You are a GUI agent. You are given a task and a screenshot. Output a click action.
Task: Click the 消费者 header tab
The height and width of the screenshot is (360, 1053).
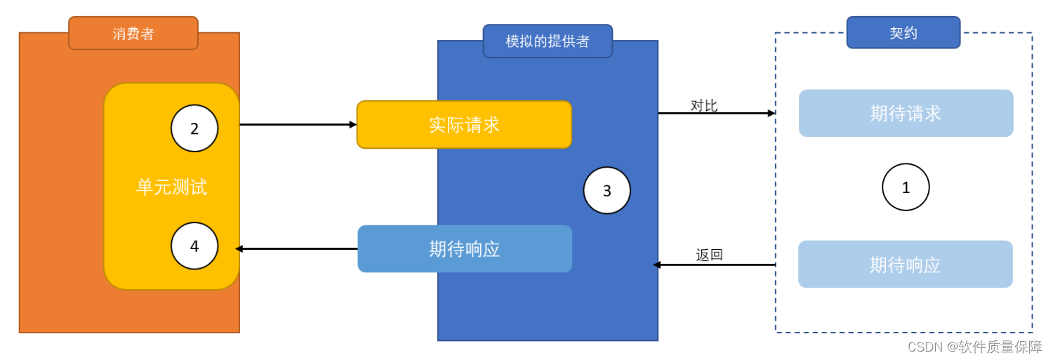click(133, 34)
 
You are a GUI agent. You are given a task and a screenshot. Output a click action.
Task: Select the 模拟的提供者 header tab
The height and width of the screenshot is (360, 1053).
click(548, 41)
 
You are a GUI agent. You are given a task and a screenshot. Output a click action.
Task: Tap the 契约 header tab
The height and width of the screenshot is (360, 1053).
click(903, 33)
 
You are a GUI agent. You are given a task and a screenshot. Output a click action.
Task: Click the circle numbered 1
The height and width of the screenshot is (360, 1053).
click(906, 187)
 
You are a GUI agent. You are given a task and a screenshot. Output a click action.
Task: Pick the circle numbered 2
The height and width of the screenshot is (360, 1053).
click(194, 128)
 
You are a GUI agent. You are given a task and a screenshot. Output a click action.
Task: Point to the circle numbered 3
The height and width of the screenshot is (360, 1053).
click(607, 190)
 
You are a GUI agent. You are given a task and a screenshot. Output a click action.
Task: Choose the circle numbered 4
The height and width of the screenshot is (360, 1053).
click(194, 246)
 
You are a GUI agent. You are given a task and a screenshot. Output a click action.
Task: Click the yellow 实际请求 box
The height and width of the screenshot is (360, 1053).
click(464, 125)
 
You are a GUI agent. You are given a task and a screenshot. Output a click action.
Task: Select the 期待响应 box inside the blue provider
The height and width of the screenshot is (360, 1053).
click(465, 248)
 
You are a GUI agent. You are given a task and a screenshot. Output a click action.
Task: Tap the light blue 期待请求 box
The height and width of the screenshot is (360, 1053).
click(906, 113)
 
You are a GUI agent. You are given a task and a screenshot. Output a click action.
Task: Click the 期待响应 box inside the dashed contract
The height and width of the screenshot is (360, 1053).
click(905, 265)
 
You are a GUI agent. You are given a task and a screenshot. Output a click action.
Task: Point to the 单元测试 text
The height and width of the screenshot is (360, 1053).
click(171, 187)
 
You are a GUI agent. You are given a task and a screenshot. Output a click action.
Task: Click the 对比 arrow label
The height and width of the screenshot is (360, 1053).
click(703, 106)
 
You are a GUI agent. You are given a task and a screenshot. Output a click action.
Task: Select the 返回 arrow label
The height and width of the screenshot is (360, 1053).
click(709, 255)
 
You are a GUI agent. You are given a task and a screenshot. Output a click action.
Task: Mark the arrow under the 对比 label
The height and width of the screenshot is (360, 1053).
click(716, 113)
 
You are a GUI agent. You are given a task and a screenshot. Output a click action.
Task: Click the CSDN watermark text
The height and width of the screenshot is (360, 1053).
click(974, 347)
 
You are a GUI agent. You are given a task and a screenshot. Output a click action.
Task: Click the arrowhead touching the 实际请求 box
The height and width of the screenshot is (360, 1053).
click(353, 125)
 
